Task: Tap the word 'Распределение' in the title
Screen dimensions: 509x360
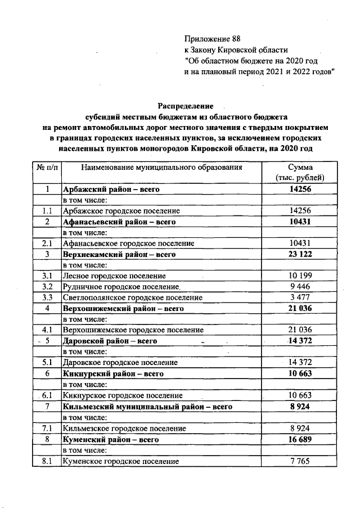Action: tap(186, 106)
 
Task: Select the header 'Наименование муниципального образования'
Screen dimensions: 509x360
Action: tap(161, 168)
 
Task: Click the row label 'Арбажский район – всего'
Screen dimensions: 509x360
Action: tap(111, 190)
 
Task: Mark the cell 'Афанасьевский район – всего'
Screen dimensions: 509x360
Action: tap(120, 222)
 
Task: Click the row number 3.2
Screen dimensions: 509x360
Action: tap(47, 287)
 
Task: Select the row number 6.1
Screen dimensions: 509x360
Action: tap(47, 395)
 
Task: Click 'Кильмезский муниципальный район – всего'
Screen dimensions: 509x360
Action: tap(147, 406)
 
